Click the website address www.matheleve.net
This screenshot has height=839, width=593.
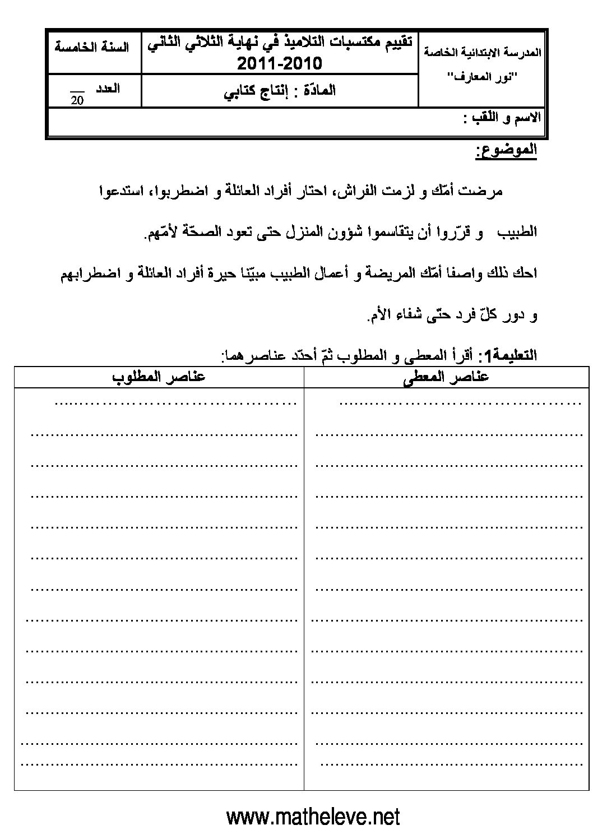click(x=313, y=816)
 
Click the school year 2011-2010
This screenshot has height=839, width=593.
click(x=280, y=64)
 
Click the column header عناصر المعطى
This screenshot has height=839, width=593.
click(x=446, y=377)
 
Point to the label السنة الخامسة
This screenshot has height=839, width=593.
click(x=92, y=47)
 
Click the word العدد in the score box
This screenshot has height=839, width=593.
click(x=105, y=89)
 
